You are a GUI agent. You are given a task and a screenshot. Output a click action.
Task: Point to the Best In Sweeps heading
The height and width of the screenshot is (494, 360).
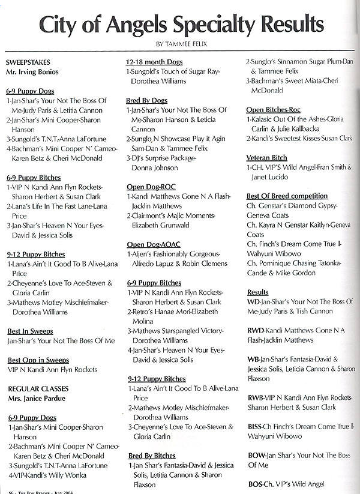(x=30, y=331)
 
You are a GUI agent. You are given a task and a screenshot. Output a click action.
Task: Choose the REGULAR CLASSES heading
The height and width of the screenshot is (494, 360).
(x=36, y=388)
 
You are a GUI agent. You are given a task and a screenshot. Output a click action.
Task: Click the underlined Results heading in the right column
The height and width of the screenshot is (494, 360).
(x=258, y=292)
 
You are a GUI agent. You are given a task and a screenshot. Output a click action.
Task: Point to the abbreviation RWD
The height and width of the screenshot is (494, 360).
(x=258, y=330)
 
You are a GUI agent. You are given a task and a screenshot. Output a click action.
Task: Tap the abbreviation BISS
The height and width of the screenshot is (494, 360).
(x=257, y=426)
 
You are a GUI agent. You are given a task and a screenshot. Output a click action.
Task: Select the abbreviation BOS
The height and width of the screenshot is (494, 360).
(x=256, y=484)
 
